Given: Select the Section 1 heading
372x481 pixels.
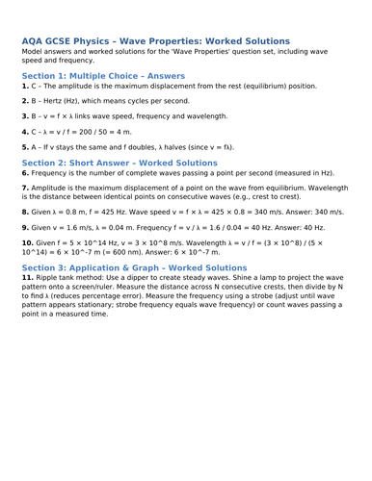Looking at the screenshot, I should pos(103,74).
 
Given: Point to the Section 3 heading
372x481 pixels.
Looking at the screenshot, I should pos(133,267).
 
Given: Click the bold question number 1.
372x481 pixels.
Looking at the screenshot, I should pos(25,86).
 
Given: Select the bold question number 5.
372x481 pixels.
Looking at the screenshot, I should pos(25,148).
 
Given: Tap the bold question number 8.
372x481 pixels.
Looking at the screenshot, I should pos(25,211).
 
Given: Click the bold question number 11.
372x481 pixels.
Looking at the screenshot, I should pos(28,278).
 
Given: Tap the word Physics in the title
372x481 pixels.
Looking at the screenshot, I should pos(108,41).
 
